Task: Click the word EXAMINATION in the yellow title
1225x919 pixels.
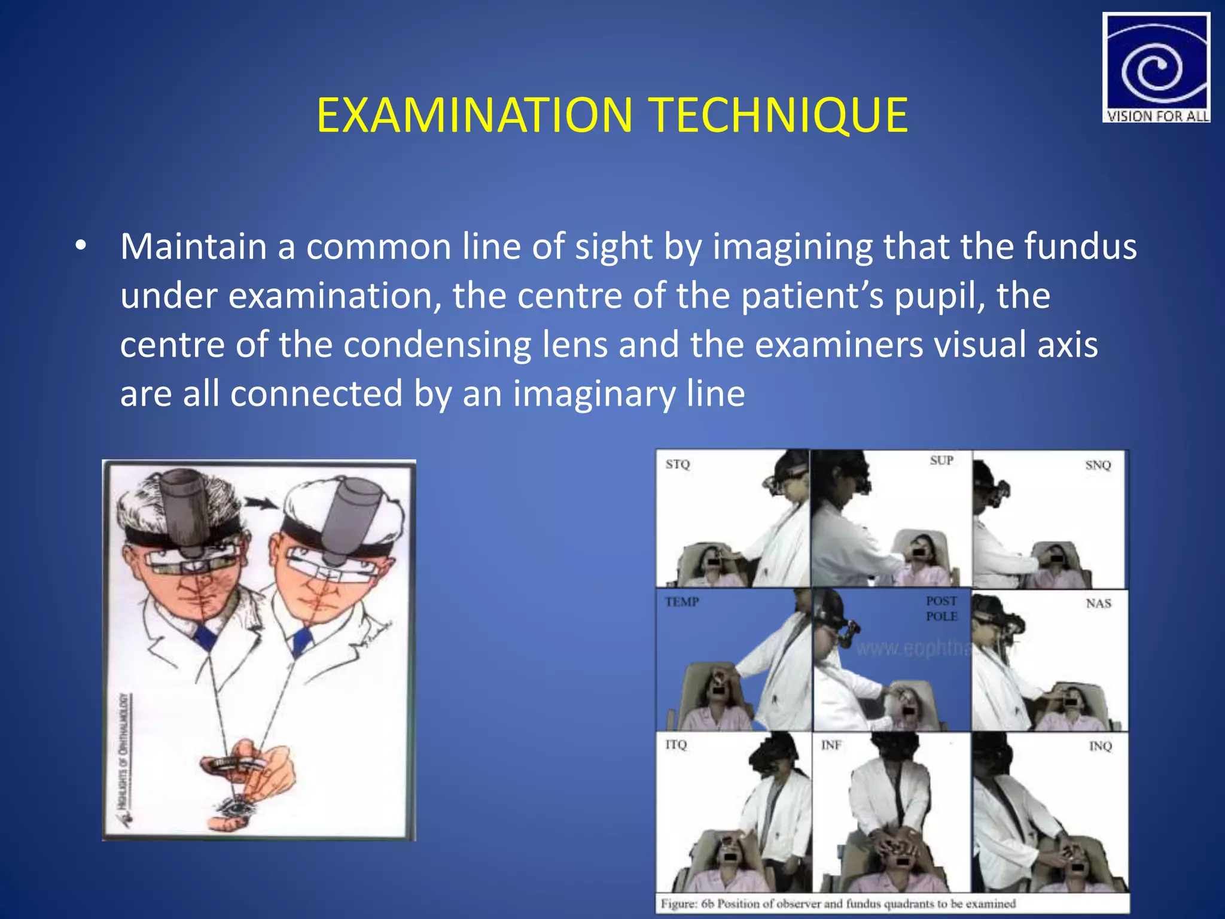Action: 474,115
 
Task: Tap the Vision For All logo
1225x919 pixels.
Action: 1156,68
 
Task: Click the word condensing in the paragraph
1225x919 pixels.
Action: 437,345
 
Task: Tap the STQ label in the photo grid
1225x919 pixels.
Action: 678,464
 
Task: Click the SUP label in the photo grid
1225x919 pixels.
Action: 941,460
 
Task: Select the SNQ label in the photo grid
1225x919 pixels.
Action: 1098,465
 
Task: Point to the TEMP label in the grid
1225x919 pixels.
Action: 682,602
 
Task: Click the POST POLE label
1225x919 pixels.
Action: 941,608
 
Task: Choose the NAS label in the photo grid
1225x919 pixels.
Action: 1098,603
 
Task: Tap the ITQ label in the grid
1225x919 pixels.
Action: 676,744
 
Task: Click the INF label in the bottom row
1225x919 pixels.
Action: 831,745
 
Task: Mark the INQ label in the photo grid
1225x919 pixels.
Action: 1100,746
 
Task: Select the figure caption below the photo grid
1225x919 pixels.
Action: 837,903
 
